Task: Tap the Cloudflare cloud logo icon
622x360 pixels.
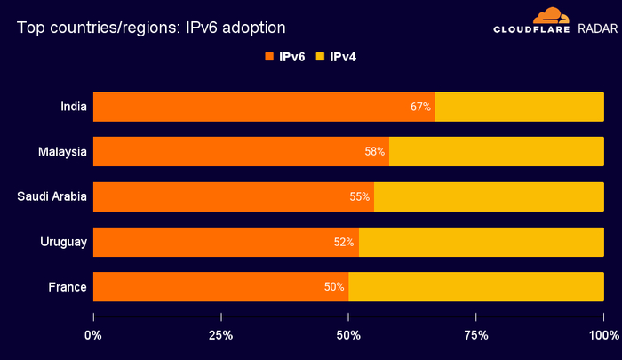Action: click(550, 15)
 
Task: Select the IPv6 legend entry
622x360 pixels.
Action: click(284, 57)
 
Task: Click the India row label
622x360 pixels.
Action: click(73, 107)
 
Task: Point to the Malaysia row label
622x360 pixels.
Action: click(62, 152)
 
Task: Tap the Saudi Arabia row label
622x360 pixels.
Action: click(52, 196)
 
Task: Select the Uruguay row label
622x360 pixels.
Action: click(63, 242)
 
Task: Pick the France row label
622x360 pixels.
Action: click(68, 287)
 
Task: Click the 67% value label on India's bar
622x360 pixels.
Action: click(420, 107)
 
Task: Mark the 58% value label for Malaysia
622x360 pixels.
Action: click(374, 152)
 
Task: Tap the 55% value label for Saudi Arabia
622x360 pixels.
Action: click(359, 197)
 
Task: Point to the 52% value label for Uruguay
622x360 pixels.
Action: click(344, 243)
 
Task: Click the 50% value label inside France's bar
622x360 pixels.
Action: click(333, 287)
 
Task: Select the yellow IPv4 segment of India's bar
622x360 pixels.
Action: click(519, 107)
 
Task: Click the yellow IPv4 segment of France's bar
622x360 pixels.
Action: click(476, 287)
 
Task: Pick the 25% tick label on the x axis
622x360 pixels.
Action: click(220, 335)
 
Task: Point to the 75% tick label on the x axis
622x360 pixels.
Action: click(476, 335)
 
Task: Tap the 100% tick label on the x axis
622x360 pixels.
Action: click(603, 335)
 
